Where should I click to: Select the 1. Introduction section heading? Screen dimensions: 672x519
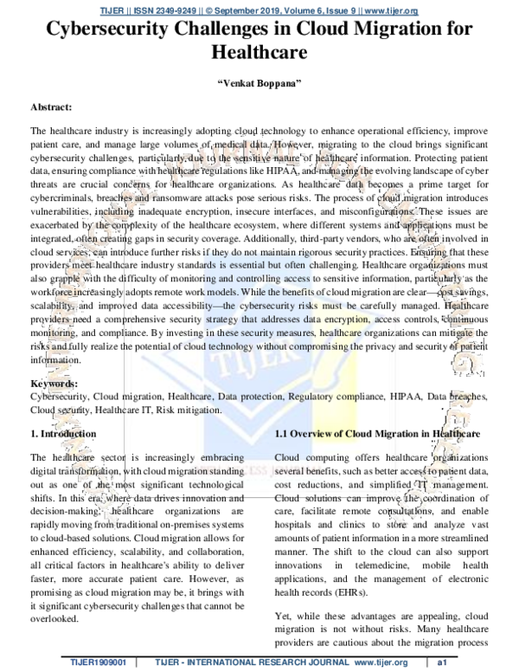63,432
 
